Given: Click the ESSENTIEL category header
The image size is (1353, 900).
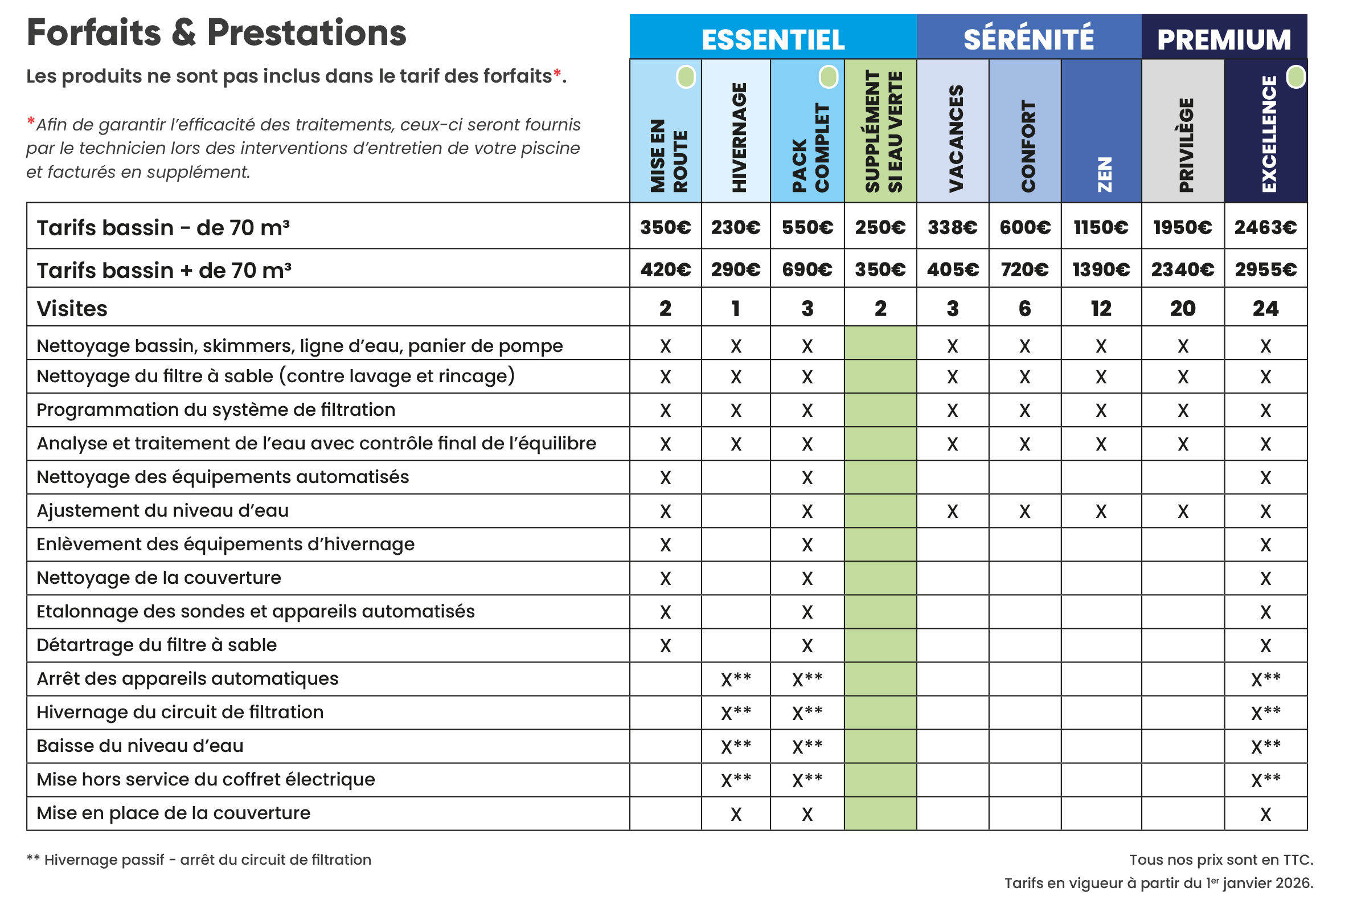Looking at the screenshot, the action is [772, 39].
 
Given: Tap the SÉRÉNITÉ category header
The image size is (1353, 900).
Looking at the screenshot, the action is [1028, 39].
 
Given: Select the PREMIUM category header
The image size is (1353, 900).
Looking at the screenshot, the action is [1223, 39].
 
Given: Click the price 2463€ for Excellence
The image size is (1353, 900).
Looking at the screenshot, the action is [1265, 227].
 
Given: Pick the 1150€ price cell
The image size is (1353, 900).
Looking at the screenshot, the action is [1100, 227].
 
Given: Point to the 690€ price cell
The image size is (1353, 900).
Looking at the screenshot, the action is [806, 269].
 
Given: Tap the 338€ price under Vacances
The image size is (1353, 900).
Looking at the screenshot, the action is [952, 227].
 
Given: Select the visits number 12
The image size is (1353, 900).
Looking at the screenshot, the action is [1100, 309].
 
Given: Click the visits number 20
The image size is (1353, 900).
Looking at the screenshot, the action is [1182, 309].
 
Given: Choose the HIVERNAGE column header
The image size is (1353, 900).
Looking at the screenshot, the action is [739, 137].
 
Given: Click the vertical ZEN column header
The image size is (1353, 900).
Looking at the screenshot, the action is [1104, 174].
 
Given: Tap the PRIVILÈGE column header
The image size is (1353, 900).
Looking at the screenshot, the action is [1186, 145].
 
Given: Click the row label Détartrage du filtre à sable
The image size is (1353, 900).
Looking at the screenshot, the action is [157, 645].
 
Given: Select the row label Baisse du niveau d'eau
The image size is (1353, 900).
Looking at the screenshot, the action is [140, 746].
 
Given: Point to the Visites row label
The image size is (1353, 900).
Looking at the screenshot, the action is [72, 309].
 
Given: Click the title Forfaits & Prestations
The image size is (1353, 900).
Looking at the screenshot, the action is [216, 32].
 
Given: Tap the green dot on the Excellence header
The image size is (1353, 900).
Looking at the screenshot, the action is [1295, 77].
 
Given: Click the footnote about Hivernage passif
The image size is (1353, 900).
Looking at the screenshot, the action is [199, 859].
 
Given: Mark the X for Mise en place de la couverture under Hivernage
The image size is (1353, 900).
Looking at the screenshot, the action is [736, 814].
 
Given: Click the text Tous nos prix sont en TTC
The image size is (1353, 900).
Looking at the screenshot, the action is [1220, 859].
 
